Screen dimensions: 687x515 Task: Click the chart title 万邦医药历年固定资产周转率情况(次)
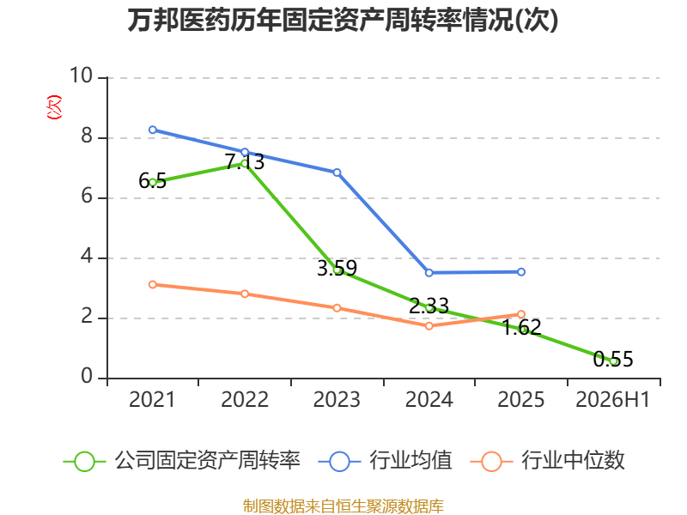point(343,20)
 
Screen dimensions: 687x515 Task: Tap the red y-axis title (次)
point(54,107)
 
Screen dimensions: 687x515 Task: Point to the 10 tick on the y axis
point(82,76)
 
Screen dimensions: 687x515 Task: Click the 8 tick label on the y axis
point(87,136)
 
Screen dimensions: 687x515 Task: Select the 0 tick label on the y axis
point(87,376)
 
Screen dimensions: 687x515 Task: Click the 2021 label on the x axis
point(152,399)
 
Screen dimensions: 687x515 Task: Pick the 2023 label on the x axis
point(337,399)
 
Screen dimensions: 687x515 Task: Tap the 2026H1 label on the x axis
point(613,399)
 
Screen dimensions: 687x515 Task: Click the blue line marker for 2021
point(153,130)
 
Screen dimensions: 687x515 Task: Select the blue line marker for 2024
point(429,273)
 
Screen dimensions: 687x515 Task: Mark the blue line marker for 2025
point(521,272)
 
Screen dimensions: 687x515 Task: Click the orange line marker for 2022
point(245,294)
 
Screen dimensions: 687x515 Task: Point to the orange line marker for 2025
point(521,314)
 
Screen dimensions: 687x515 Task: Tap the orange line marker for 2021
point(153,285)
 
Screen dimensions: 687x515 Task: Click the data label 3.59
point(337,268)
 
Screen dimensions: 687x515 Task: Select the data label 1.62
point(521,328)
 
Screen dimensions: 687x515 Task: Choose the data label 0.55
point(613,359)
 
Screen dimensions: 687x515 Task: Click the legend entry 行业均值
point(385,461)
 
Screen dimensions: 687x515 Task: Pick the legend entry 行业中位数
point(547,461)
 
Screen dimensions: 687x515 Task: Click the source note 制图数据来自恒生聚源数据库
point(343,506)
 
